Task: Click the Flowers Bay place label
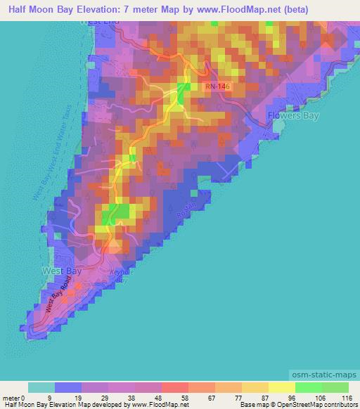point(294,115)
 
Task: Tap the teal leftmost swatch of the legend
point(41,387)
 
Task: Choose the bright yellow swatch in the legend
point(282,387)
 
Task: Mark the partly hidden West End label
point(99,23)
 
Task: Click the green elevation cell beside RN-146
point(184,91)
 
